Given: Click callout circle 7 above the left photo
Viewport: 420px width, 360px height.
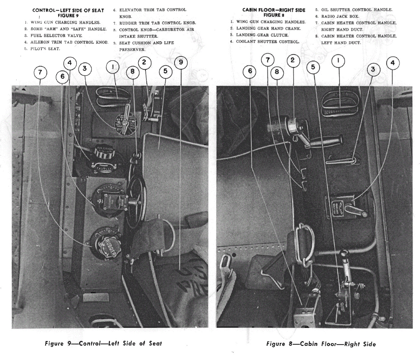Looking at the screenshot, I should (x=40, y=73).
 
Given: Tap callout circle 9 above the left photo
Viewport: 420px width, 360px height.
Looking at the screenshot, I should (x=181, y=62).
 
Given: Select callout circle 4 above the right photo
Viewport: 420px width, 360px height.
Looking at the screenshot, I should (x=392, y=63).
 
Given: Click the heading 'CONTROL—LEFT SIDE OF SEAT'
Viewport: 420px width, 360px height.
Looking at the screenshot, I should (x=68, y=10).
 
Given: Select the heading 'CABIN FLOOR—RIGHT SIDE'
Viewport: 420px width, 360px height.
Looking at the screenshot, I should (x=274, y=10).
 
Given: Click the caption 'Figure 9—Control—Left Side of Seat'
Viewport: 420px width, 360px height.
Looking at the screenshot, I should (x=103, y=343).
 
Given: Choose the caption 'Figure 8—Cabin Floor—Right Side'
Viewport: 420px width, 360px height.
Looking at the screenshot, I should (x=321, y=344).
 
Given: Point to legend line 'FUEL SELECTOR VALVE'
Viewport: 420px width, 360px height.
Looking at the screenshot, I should (x=54, y=36).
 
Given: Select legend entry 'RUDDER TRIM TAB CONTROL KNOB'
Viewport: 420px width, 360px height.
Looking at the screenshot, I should (x=157, y=23).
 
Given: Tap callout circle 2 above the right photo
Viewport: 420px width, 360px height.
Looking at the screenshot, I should (x=292, y=60).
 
